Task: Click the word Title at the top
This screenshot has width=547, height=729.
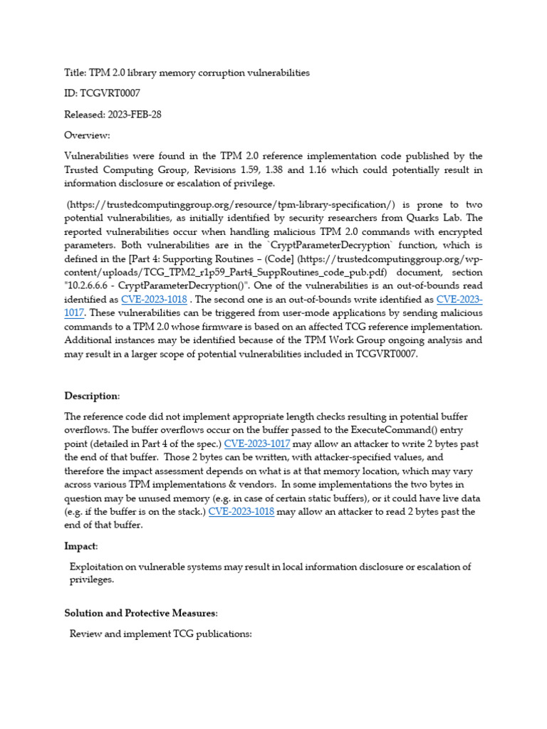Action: click(75, 73)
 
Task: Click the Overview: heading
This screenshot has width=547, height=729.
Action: click(88, 135)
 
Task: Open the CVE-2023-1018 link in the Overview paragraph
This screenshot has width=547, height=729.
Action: click(154, 300)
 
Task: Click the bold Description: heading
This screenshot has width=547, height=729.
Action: click(93, 396)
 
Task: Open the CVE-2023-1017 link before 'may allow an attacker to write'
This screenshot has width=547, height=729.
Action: click(257, 444)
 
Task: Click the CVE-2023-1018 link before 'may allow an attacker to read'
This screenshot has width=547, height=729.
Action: click(241, 512)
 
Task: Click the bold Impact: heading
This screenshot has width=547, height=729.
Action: click(82, 546)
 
